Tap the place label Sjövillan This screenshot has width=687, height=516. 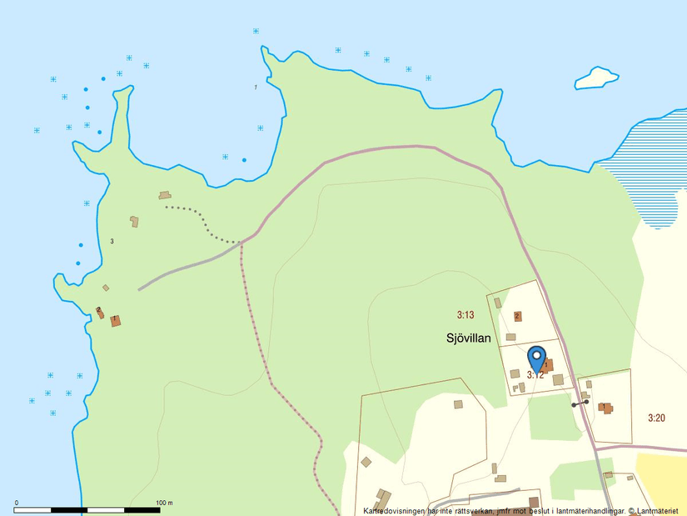point(467,338)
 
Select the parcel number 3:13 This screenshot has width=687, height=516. point(465,315)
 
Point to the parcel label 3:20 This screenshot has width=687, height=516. point(657,418)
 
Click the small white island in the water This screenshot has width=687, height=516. point(597,78)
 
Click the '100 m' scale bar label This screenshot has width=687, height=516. point(165,503)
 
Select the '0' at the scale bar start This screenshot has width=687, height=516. point(17,503)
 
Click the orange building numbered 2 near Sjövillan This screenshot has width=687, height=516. point(517,316)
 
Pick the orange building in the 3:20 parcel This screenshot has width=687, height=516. point(605,408)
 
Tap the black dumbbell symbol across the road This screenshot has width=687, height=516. point(580,403)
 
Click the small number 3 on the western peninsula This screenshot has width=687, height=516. point(112,241)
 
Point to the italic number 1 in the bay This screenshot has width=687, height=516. point(256,87)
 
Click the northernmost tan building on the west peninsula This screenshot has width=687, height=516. point(164,195)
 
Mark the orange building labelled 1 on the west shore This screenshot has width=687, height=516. point(116,321)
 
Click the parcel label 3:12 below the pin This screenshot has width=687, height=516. point(535,376)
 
